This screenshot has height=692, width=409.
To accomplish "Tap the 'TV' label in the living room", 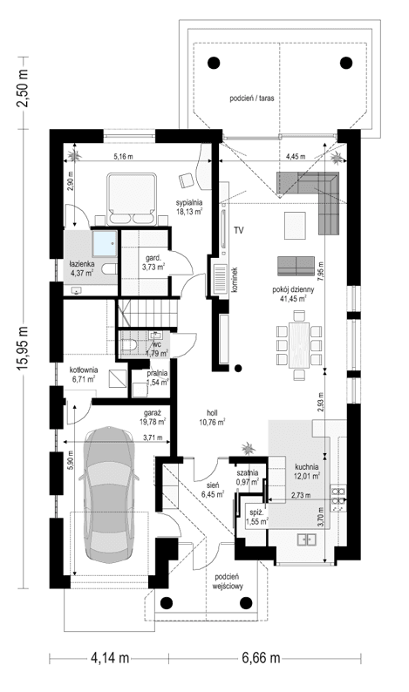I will coord(238,229).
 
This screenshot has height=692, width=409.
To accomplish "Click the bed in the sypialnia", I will coord(132,197).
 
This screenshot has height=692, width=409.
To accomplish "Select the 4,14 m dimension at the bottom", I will coord(104,657).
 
